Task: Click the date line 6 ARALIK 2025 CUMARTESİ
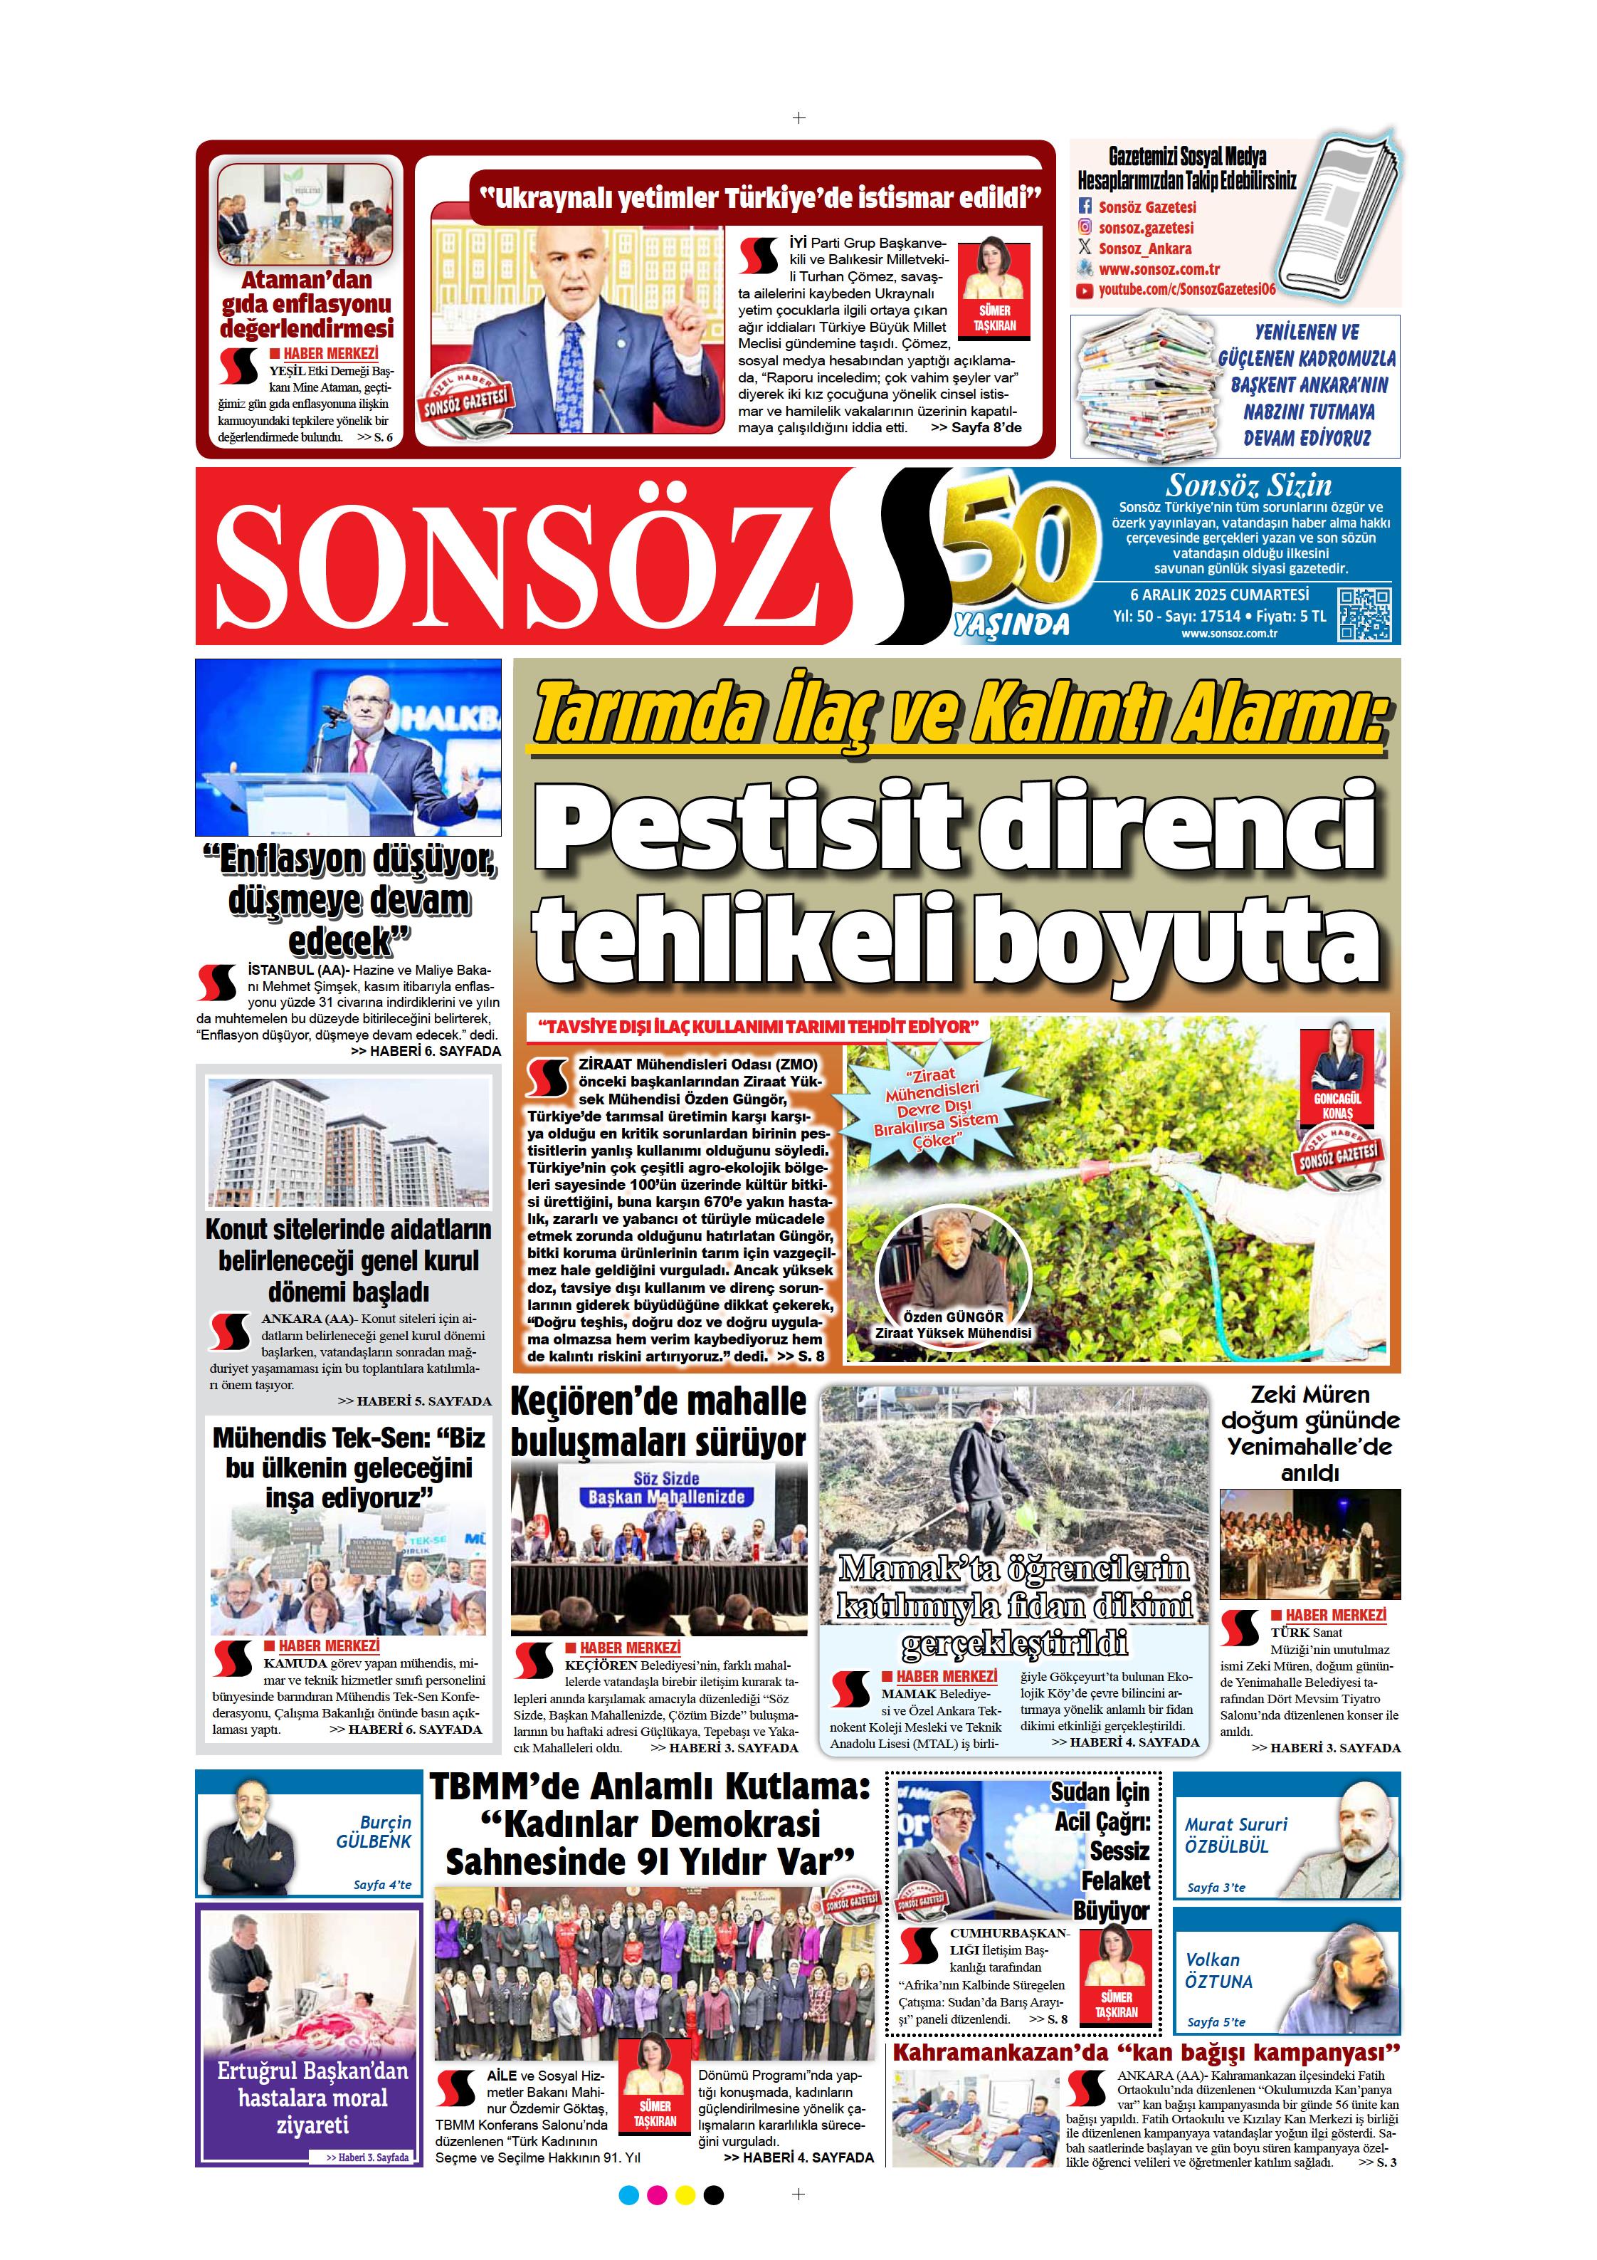1219,595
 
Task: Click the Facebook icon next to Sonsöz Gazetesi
1085,206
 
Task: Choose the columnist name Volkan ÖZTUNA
1218,1971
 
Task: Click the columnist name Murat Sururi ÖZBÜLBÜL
1235,1835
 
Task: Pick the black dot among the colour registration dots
715,2195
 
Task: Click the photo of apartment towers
348,1142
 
